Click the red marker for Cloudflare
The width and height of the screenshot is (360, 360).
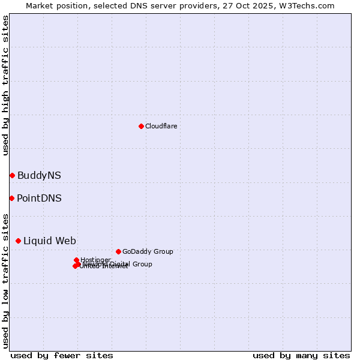(141, 126)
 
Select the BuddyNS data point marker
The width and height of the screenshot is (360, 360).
(12, 175)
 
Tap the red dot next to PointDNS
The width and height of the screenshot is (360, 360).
(11, 198)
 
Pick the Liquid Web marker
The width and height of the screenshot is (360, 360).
(18, 241)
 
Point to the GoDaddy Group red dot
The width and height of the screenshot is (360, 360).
(118, 251)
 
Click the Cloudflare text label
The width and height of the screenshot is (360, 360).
(161, 126)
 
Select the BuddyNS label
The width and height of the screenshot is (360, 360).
(39, 176)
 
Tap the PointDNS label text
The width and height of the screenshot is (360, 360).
(39, 199)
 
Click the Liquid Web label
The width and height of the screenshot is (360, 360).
(49, 241)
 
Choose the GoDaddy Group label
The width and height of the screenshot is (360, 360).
(148, 251)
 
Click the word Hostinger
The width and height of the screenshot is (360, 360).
(95, 260)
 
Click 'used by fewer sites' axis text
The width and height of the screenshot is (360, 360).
(62, 355)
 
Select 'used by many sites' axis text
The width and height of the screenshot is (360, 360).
(301, 355)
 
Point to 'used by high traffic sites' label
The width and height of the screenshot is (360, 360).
(5, 85)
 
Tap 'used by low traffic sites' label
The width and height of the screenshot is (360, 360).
(5, 280)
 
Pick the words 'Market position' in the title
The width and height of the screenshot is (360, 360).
(53, 5)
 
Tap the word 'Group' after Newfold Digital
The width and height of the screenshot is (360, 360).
(142, 264)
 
